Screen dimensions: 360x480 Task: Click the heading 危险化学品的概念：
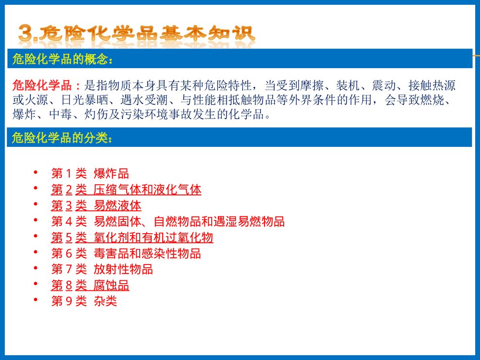[x=63, y=60]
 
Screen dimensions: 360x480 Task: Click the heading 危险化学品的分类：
[x=63, y=139]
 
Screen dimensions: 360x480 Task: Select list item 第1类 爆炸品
[x=90, y=173]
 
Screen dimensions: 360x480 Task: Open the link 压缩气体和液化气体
[x=147, y=190]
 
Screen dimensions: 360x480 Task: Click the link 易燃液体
[x=118, y=206]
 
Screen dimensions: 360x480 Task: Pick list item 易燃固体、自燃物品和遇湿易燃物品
[x=189, y=222]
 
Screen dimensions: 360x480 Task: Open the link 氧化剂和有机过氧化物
[x=154, y=238]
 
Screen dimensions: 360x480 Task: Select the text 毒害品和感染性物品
[x=147, y=253]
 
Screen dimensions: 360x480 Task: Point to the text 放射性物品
[x=123, y=269]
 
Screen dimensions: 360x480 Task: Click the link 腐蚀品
[x=111, y=286]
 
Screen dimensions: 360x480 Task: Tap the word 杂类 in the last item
[x=106, y=301]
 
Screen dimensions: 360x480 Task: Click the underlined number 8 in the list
[x=69, y=286]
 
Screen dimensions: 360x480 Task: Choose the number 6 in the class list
[x=69, y=253]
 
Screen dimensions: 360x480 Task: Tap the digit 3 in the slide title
[x=26, y=34]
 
